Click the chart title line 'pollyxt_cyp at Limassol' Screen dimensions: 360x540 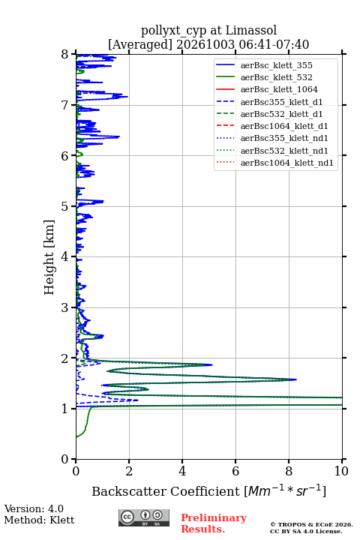click(x=208, y=31)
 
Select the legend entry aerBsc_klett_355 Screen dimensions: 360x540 click(x=276, y=65)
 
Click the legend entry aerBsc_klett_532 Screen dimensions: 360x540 click(x=276, y=77)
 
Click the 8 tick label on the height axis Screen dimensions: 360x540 click(x=64, y=55)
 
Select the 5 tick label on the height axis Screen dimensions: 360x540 click(x=64, y=206)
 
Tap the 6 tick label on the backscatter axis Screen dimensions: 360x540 click(x=235, y=471)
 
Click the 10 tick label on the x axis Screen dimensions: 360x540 click(x=341, y=471)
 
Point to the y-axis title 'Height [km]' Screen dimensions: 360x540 click(x=49, y=257)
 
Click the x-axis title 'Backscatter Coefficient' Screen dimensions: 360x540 click(x=166, y=491)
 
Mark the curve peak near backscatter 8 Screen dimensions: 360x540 click(x=296, y=379)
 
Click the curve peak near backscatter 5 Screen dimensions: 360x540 click(x=211, y=364)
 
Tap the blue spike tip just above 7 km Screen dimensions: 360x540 click(x=127, y=97)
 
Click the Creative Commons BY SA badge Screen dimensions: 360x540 click(x=144, y=518)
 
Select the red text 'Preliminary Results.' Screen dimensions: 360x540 click(x=214, y=523)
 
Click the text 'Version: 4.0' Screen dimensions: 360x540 click(x=34, y=509)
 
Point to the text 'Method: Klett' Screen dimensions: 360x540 click(x=39, y=520)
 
